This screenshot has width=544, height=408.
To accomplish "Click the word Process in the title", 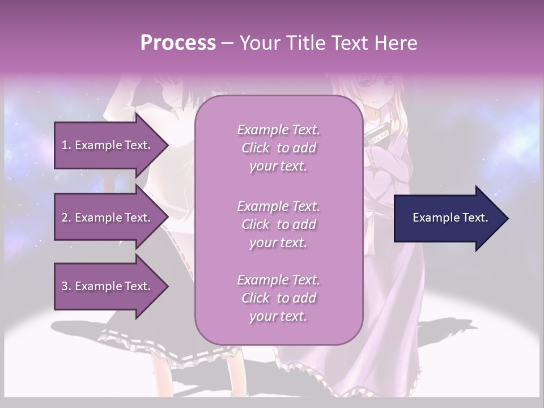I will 178,43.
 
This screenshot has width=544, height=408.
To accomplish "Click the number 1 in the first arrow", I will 65,145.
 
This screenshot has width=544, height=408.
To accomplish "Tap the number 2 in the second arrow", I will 65,218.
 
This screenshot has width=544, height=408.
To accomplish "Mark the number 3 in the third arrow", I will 65,286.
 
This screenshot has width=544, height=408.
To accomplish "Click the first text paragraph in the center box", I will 278,148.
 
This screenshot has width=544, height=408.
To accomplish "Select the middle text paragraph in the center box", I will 278,224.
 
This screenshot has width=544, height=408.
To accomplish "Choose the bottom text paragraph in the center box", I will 278,298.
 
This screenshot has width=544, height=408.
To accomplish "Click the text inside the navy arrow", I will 450,218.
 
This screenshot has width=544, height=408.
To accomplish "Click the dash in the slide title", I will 228,43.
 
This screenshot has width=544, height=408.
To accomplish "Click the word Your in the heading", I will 260,43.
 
